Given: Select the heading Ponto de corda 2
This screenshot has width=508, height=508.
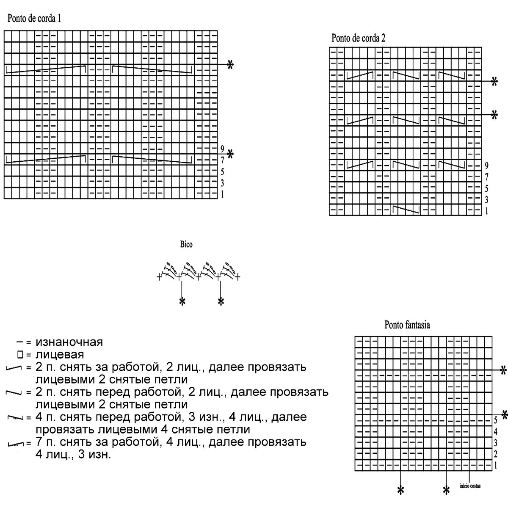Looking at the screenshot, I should tap(358, 39).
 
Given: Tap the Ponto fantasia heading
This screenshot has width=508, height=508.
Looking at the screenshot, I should tap(407, 325).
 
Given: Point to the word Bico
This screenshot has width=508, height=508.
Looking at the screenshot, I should tap(186, 245).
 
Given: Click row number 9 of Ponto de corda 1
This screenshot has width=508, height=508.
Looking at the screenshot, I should tap(222, 149).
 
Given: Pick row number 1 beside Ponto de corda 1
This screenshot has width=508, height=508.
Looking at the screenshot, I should tap(222, 194).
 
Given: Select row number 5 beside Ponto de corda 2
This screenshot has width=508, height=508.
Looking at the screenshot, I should tap(487, 188).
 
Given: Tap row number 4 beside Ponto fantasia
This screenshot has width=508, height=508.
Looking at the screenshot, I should tap(495, 432).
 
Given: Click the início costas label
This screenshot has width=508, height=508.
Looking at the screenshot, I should tap(470, 486).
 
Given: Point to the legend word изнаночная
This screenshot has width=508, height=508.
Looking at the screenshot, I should tap(69, 342).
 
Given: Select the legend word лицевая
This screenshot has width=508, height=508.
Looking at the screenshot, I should tap(60, 354).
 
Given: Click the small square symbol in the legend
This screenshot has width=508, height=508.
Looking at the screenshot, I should tap(20, 354).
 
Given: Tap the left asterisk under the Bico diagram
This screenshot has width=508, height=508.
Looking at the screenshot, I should tap(182, 301).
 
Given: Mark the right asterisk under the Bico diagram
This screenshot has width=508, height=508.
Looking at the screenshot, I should tap(221, 301).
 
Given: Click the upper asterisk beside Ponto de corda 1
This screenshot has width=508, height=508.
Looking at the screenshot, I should tap(230, 65).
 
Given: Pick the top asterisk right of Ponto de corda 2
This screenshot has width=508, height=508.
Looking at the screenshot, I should tap(494, 82).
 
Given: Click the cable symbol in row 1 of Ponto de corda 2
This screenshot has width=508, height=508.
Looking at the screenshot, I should tap(406, 210).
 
